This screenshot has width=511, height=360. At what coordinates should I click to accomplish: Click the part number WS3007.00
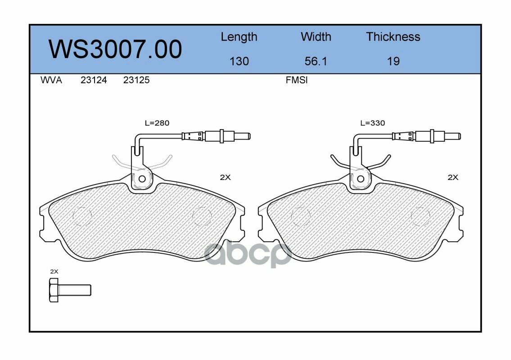tap(115, 49)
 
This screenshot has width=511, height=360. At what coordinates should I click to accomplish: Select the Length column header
tap(239, 37)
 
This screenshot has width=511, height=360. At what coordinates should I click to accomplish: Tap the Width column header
tap(316, 36)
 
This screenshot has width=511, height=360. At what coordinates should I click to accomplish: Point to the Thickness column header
tap(393, 36)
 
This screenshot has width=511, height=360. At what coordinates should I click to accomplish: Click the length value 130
tap(239, 61)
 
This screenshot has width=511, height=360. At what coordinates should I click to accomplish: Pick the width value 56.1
tap(316, 61)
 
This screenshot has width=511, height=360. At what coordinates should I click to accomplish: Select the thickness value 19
tap(393, 61)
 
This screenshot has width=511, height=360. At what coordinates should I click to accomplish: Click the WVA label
tap(51, 80)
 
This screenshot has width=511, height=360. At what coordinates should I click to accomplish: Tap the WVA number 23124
tap(94, 80)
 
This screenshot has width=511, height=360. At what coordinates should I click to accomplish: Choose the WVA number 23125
tap(136, 80)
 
